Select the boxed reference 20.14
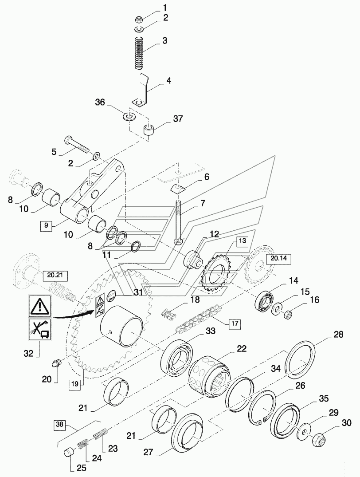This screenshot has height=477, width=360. tap(278, 259)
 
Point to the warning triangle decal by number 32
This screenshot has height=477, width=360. tap(39, 306)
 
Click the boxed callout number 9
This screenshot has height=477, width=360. tap(46, 225)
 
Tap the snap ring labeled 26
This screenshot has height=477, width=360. tap(262, 408)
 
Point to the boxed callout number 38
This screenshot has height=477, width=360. tap(59, 424)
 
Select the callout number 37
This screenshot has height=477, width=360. tap(178, 118)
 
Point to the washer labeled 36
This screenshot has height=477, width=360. tap(130, 116)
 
